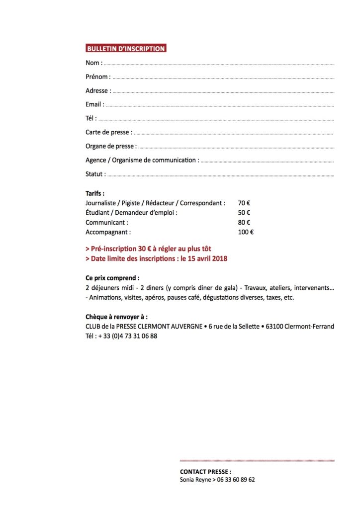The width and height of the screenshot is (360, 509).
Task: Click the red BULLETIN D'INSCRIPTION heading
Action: [x=126, y=49]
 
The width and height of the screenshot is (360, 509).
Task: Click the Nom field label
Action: [x=93, y=63]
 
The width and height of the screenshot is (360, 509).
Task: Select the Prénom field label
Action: [x=97, y=77]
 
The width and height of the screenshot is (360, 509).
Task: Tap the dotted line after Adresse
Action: [x=224, y=92]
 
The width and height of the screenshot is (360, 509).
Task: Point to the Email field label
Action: [x=94, y=104]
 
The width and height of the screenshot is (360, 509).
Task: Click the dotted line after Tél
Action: [x=216, y=120]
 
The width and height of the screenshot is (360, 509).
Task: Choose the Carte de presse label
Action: [x=108, y=132]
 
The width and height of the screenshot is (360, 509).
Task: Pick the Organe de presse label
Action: [x=110, y=146]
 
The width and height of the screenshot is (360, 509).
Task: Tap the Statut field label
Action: [x=95, y=174]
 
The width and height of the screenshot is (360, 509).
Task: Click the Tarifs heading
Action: [x=95, y=193]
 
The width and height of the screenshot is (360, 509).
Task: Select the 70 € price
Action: [x=244, y=203]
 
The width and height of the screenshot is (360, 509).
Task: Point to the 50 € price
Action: [x=244, y=212]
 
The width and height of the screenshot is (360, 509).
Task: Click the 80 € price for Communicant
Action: [x=244, y=222]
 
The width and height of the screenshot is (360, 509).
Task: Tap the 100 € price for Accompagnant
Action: [x=246, y=232]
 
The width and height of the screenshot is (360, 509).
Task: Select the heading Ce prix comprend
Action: [x=112, y=278]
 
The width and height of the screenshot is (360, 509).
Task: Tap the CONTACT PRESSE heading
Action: [x=205, y=471]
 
